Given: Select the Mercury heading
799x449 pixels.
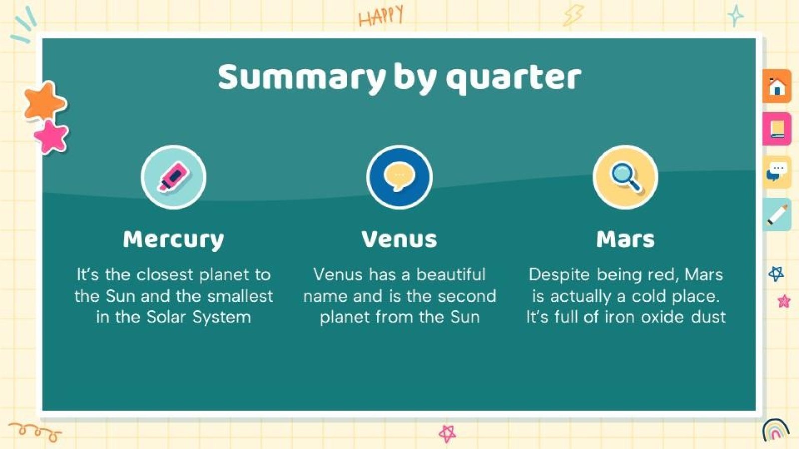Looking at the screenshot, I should coord(173,239).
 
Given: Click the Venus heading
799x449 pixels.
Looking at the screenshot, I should coord(399,239).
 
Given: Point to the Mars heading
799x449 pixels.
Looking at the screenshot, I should coord(625,239).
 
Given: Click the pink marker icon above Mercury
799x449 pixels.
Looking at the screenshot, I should coord(173,177).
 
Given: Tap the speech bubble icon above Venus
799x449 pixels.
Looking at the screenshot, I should coord(399,177).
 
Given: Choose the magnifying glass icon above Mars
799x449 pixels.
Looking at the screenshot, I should coord(625,177).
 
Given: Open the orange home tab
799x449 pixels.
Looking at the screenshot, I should coord(777,87).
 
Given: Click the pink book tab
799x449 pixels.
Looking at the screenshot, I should coord(777,129).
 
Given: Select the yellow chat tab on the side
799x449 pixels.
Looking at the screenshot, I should coord(777,172).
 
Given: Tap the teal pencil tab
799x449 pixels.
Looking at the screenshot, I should coord(777,215).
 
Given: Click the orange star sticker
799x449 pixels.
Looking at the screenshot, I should coord(45,102).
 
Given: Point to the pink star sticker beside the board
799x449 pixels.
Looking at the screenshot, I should coord(51,136).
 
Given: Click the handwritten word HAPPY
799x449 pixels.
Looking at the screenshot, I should coord(381,16).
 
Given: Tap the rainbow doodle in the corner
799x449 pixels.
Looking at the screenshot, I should coord(775,430).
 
